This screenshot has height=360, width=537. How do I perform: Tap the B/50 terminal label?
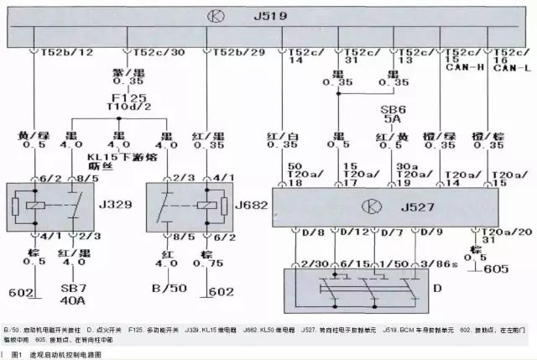[168, 290]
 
